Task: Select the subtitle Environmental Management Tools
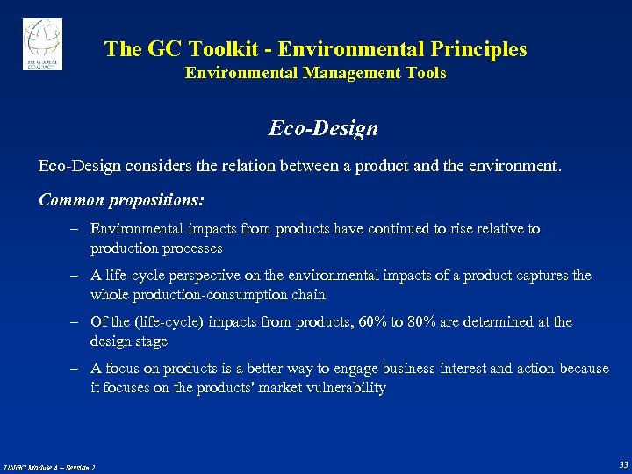(x=315, y=73)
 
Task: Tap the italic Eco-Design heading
(x=323, y=128)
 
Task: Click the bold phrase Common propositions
(x=121, y=200)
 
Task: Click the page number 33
(x=622, y=464)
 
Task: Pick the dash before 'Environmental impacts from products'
(x=77, y=229)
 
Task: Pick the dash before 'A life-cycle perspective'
(x=77, y=276)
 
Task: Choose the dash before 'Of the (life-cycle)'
(x=77, y=322)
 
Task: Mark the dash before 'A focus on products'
(x=77, y=369)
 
